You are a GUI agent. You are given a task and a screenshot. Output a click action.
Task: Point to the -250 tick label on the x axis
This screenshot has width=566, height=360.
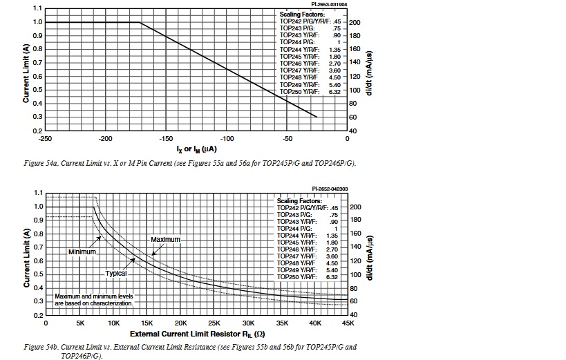pyautogui.click(x=45, y=138)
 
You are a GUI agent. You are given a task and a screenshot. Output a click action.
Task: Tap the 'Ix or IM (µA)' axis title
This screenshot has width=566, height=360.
pyautogui.click(x=198, y=149)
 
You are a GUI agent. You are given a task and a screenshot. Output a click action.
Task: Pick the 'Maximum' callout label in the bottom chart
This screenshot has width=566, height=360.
pyautogui.click(x=165, y=239)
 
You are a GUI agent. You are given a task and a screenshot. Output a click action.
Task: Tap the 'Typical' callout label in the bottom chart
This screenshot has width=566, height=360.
pyautogui.click(x=116, y=273)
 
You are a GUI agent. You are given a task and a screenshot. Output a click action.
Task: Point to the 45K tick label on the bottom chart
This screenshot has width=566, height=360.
pyautogui.click(x=347, y=323)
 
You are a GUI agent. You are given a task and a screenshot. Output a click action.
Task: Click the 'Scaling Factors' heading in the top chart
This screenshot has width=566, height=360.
pyautogui.click(x=302, y=14)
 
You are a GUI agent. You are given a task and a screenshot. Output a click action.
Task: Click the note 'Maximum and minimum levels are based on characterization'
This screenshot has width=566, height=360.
pyautogui.click(x=94, y=300)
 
